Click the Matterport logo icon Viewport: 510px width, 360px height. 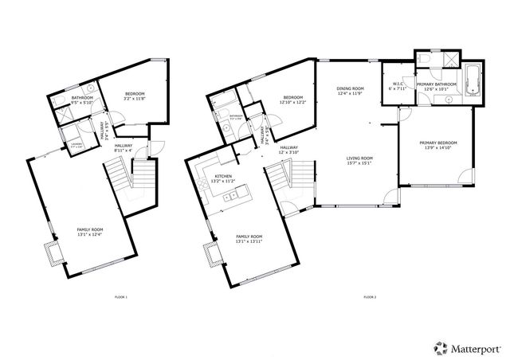(x=439, y=346)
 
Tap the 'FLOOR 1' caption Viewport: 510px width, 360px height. (x=122, y=297)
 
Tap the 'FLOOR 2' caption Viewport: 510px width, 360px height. (x=370, y=297)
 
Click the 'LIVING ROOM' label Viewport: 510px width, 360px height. (x=359, y=158)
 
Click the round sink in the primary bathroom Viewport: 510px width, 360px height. (x=449, y=100)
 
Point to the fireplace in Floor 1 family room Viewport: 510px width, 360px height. (x=53, y=254)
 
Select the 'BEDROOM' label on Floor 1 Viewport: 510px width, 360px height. (x=134, y=95)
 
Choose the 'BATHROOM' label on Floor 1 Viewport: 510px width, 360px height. (x=82, y=98)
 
